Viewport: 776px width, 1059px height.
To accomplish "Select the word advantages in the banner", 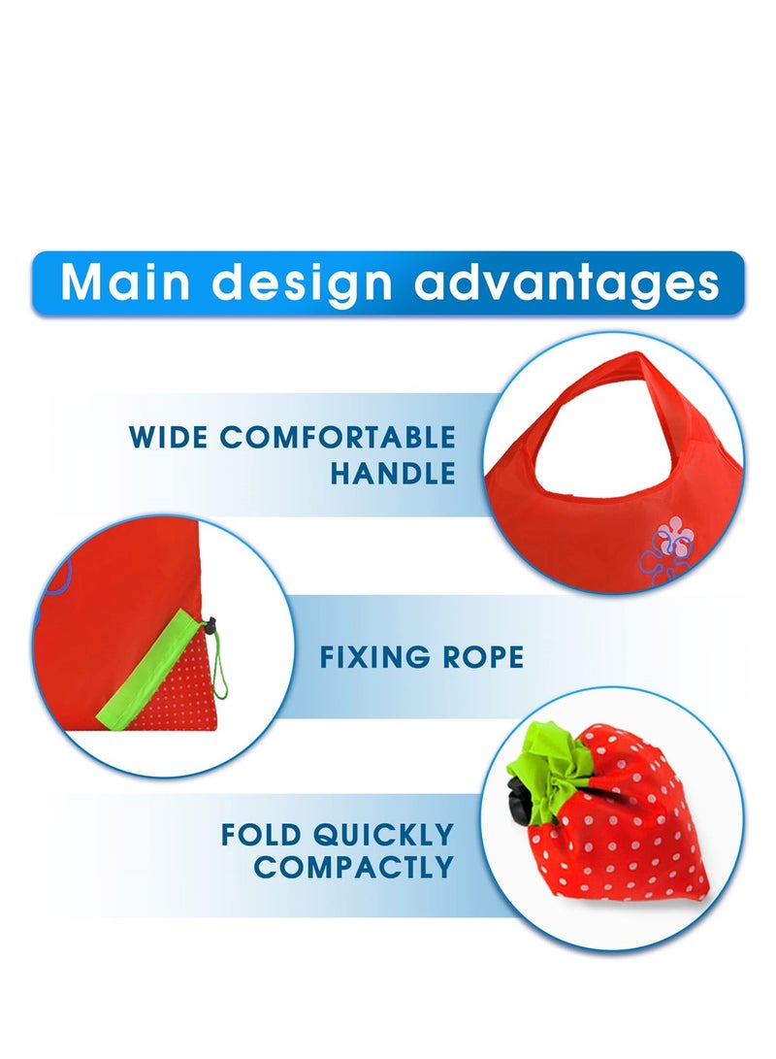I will tap(566, 282).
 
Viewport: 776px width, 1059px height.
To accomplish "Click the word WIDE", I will tap(169, 437).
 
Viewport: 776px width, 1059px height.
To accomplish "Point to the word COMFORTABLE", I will tap(338, 437).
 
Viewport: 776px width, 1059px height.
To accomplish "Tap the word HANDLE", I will tap(392, 474).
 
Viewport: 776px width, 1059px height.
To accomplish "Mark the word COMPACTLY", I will tap(353, 868).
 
